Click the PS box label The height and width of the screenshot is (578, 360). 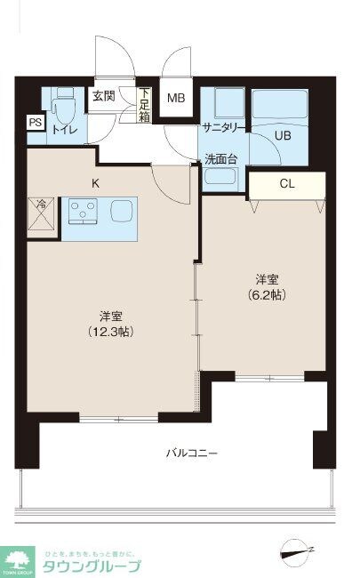coord(35,124)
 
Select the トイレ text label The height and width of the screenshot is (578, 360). coord(65,131)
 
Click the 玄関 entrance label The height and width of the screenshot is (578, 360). coord(103,97)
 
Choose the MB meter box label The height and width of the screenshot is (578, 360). coord(177,99)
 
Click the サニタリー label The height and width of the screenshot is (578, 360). coord(223,127)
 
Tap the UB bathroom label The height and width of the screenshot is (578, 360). coord(283,136)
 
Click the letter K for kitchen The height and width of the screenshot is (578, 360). coord(95,183)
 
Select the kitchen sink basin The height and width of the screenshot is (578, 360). coord(122,213)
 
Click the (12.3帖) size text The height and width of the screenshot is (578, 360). coord(111,331)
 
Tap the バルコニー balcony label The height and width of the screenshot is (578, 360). coord(191,453)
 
